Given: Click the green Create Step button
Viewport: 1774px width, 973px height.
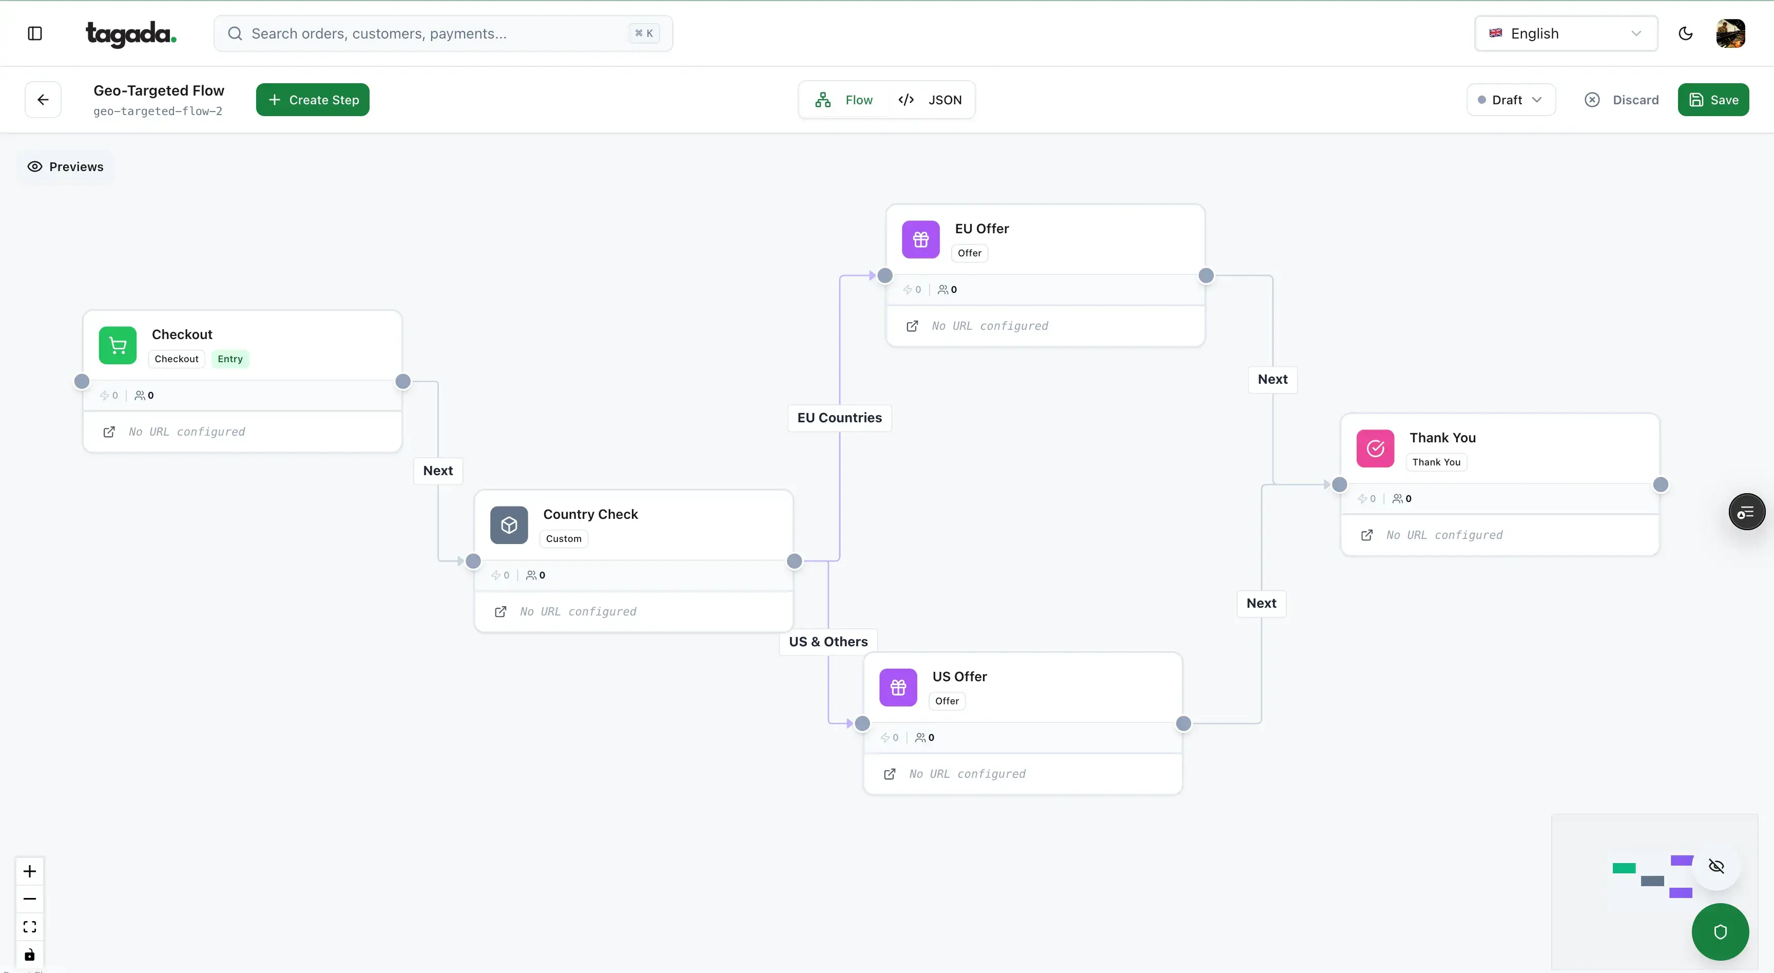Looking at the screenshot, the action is [x=313, y=100].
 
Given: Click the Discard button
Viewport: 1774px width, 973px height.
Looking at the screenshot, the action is [x=1622, y=100].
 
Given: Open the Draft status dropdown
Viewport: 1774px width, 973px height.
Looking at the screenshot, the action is [x=1510, y=100].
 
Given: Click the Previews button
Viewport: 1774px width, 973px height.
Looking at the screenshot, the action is [x=65, y=167].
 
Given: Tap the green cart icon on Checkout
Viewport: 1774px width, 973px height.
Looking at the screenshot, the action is [x=118, y=345].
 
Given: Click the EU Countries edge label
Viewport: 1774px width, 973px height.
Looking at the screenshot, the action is [x=839, y=418].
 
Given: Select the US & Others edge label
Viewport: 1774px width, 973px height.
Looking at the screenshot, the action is [x=828, y=642].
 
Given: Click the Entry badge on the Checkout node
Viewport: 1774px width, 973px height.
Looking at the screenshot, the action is [x=230, y=359].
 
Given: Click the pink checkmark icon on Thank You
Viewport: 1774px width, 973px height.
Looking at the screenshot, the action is [x=1375, y=448].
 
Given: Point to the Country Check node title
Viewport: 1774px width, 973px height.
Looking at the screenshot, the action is [x=590, y=514].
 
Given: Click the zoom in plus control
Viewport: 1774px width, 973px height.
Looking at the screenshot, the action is [x=30, y=871].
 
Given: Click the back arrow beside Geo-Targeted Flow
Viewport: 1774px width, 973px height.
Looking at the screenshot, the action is [x=43, y=100].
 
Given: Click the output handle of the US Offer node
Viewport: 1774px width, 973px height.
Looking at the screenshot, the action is [x=1183, y=723].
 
